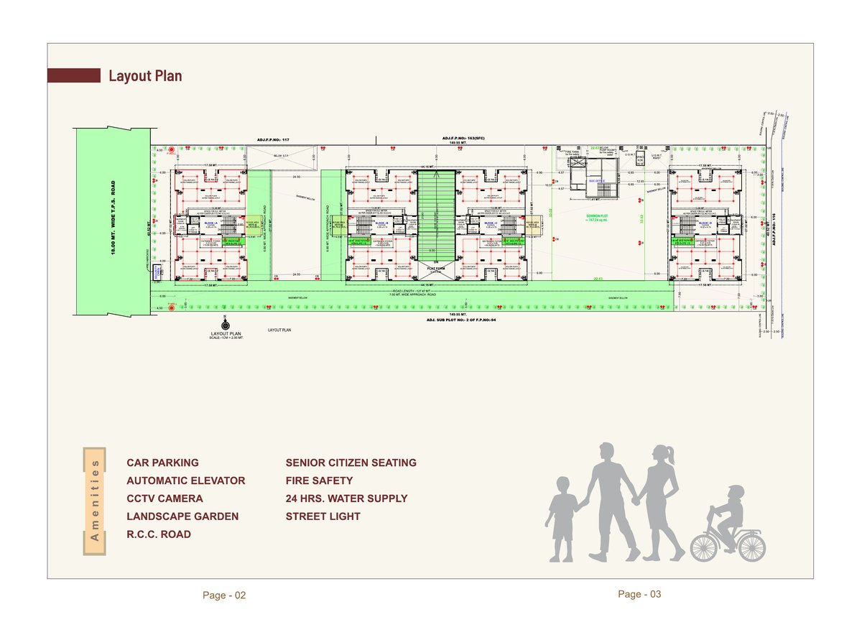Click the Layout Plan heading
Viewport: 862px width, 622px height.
pyautogui.click(x=145, y=76)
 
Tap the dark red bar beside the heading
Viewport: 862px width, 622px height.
pyautogui.click(x=73, y=75)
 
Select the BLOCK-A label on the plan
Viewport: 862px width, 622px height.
pyautogui.click(x=210, y=224)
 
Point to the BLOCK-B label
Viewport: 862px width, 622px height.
pyautogui.click(x=381, y=224)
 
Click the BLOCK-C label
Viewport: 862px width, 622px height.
pyautogui.click(x=491, y=224)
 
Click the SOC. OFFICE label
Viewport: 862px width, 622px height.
pyautogui.click(x=598, y=181)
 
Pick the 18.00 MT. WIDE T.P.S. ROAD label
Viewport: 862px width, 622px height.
pyautogui.click(x=113, y=221)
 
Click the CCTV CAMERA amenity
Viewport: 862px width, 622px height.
pyautogui.click(x=164, y=498)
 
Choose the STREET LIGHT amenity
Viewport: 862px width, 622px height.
pyautogui.click(x=323, y=516)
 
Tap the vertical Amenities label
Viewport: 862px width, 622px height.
pyautogui.click(x=96, y=501)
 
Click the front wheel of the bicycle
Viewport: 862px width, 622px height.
pyautogui.click(x=750, y=546)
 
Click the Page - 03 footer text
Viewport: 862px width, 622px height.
pyautogui.click(x=639, y=594)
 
